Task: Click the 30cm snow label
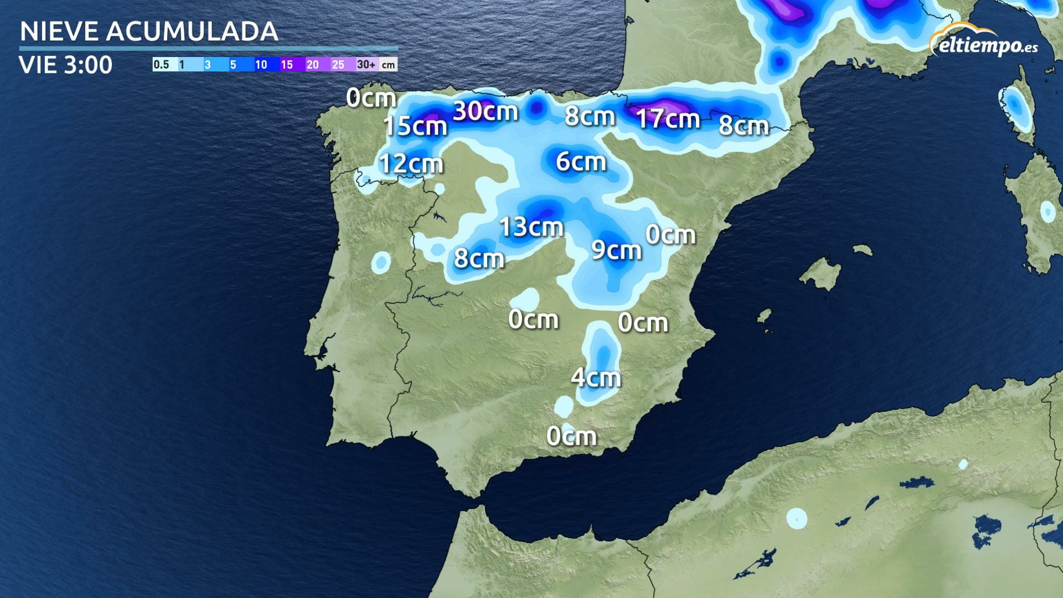pos(485,111)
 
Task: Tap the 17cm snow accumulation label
pos(668,118)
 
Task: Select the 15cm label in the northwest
pos(415,126)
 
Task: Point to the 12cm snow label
pos(411,164)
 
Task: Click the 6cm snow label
pos(581,162)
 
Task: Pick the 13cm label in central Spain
pos(531,227)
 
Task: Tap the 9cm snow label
pos(616,250)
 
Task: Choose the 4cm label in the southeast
pos(596,378)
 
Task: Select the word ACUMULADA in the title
pos(192,32)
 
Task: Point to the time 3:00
pos(88,65)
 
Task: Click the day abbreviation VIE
pos(38,65)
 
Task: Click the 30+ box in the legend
pos(366,65)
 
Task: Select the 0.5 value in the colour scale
pos(161,65)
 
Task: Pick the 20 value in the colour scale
pos(312,65)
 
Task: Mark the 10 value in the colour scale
pos(261,65)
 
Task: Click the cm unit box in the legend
pos(389,65)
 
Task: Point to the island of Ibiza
pos(765,317)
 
